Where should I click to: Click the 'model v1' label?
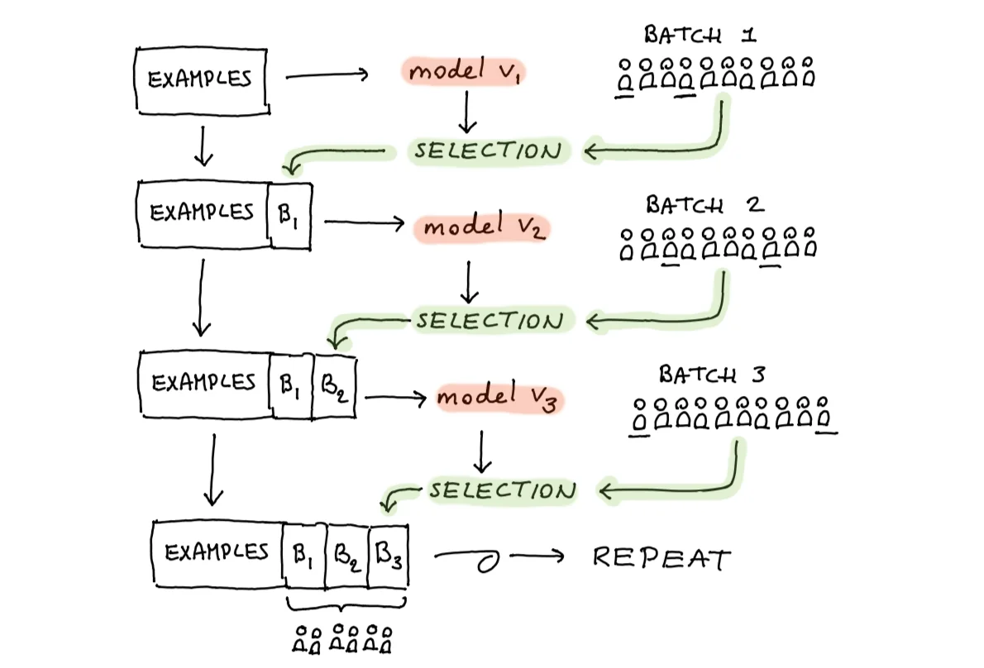point(464,70)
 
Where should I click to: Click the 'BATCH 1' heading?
point(700,35)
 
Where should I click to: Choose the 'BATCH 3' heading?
point(712,375)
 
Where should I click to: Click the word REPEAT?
point(662,557)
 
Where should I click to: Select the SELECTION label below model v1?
point(488,150)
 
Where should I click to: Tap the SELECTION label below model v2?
point(490,321)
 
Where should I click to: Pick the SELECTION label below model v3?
point(502,490)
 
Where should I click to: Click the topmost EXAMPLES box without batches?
point(202,80)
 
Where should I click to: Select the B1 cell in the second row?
point(289,215)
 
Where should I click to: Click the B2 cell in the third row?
point(334,386)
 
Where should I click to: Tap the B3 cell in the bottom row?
point(389,556)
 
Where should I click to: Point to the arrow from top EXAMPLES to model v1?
point(327,76)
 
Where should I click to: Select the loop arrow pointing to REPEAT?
point(499,556)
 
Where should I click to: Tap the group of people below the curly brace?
point(342,639)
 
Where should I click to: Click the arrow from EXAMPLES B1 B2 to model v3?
point(396,398)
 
